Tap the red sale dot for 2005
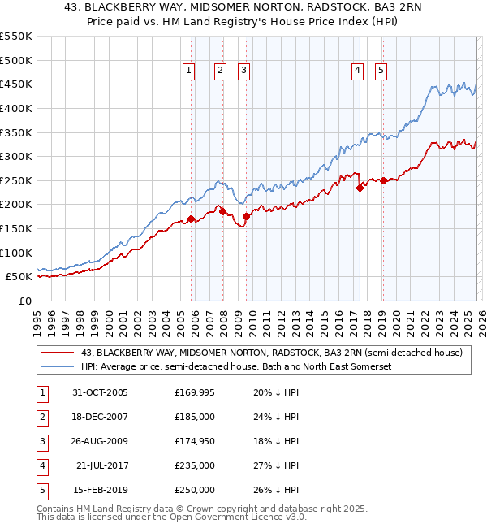pyautogui.click(x=192, y=219)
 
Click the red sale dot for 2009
pyautogui.click(x=246, y=216)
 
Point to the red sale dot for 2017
pyautogui.click(x=360, y=188)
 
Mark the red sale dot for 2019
pyautogui.click(x=382, y=180)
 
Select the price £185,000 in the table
pyautogui.click(x=195, y=417)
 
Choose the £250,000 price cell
pyautogui.click(x=195, y=490)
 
